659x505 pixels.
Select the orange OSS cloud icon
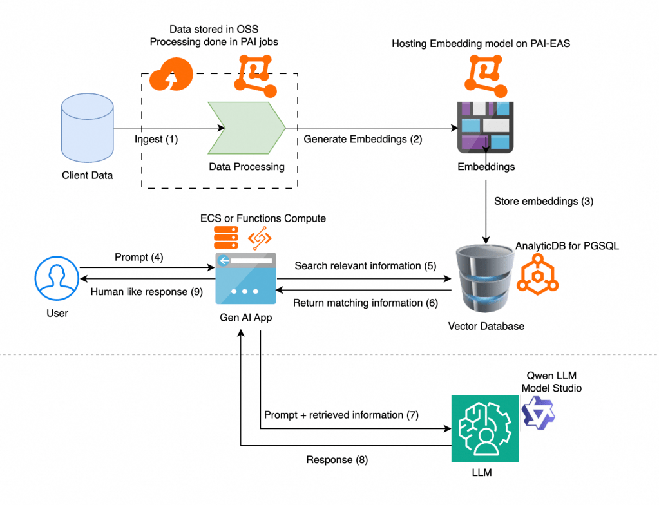pyautogui.click(x=171, y=75)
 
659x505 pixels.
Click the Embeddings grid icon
pyautogui.click(x=485, y=127)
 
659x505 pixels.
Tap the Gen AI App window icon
pyautogui.click(x=245, y=278)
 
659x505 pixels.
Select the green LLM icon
pyautogui.click(x=485, y=429)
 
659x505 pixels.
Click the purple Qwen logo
pyautogui.click(x=538, y=413)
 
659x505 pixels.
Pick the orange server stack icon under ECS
pyautogui.click(x=225, y=238)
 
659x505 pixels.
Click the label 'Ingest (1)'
pyautogui.click(x=156, y=138)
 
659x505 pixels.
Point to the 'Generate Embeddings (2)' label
pyautogui.click(x=363, y=138)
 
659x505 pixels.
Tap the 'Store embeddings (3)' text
pyautogui.click(x=543, y=201)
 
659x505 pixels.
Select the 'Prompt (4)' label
pyautogui.click(x=138, y=257)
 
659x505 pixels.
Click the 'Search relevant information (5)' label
pyautogui.click(x=365, y=265)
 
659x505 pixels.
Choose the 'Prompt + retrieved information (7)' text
pyautogui.click(x=341, y=415)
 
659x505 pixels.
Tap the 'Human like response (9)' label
pyautogui.click(x=146, y=291)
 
